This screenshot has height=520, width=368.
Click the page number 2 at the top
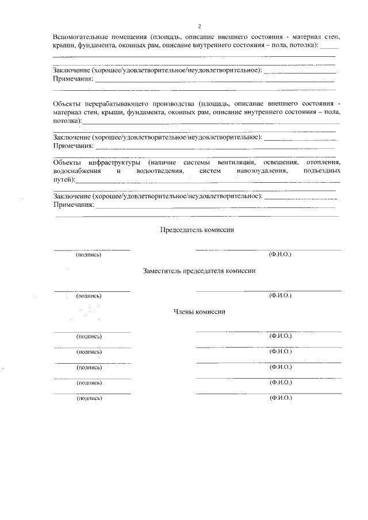coord(199,27)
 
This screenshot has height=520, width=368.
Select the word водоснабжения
coord(76,171)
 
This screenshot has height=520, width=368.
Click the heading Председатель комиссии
coord(197,229)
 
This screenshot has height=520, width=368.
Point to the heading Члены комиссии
coord(199,311)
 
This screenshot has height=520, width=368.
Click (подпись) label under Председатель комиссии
coord(89,255)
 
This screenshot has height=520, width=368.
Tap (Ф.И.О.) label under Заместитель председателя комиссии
coord(280,295)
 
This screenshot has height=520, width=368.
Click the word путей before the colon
coord(63,180)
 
